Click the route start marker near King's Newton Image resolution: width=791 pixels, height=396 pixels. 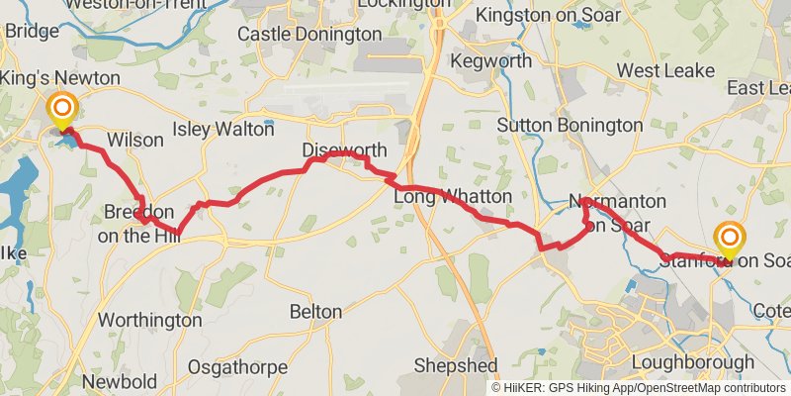click(x=62, y=108)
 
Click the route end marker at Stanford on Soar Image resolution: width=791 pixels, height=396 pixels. click(x=730, y=239)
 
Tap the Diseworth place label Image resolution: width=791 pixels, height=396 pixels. click(x=344, y=150)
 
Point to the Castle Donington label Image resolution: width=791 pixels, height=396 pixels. click(x=309, y=34)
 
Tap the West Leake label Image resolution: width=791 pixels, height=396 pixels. click(x=663, y=71)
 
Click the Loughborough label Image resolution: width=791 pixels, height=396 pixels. click(x=691, y=361)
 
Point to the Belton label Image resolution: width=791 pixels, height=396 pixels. click(x=315, y=312)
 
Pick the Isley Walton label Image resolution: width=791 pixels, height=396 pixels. click(x=223, y=129)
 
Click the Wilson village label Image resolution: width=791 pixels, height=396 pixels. click(x=134, y=140)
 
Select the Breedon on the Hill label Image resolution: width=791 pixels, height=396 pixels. click(x=138, y=224)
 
